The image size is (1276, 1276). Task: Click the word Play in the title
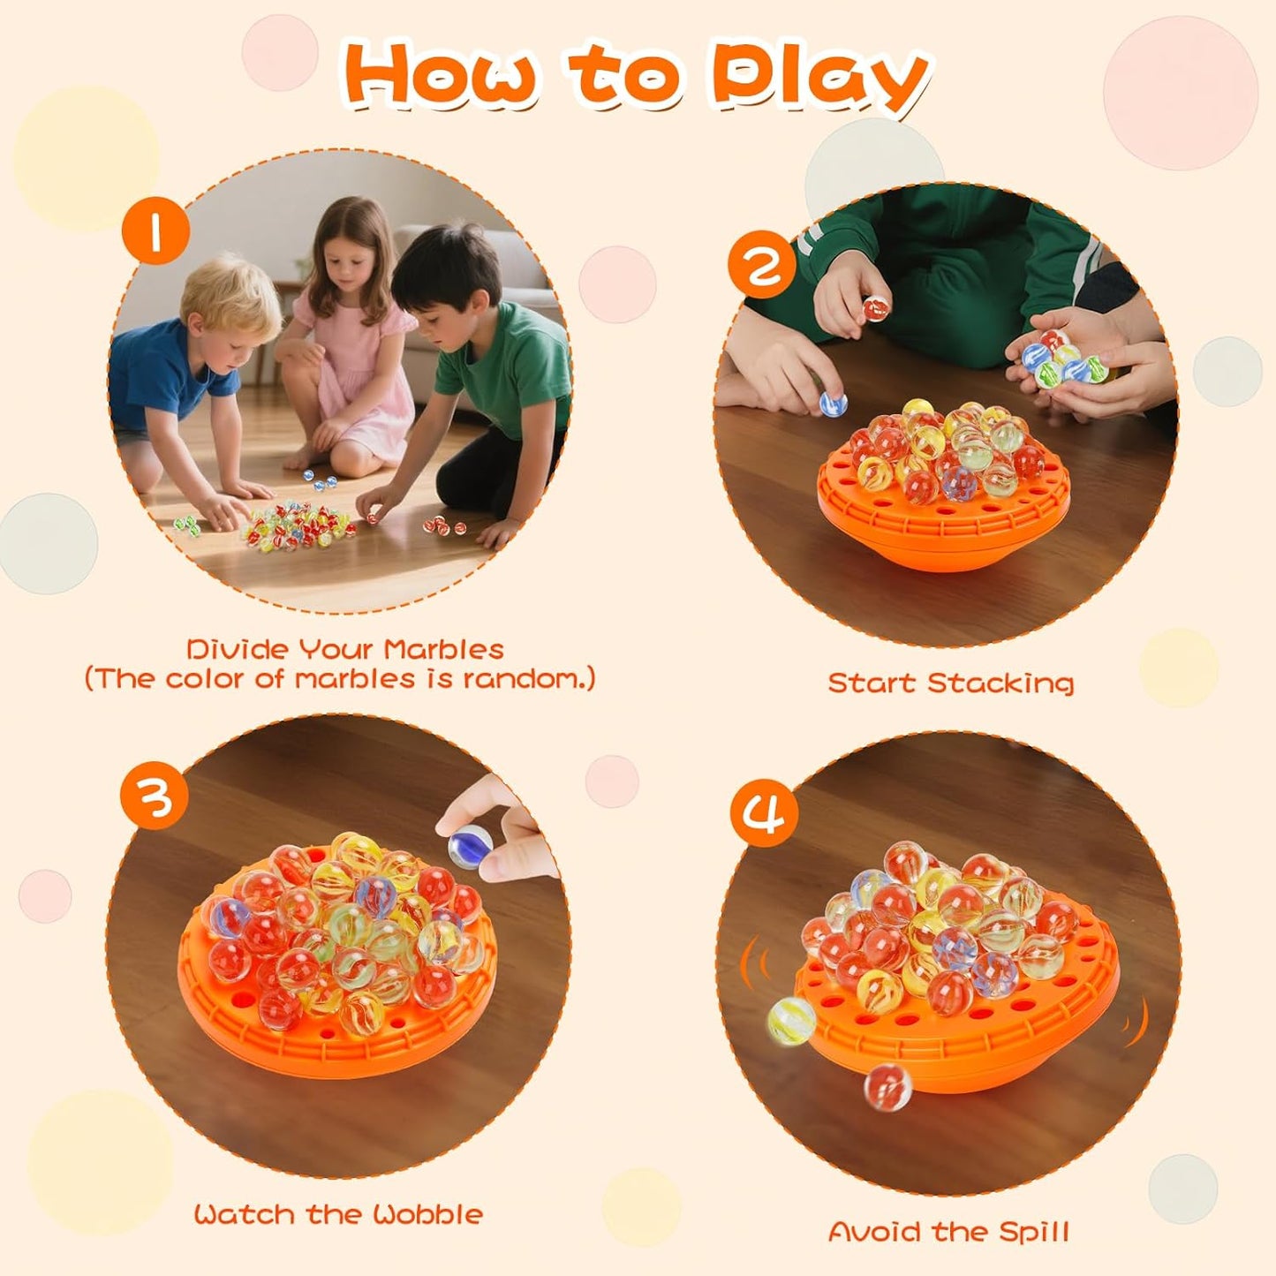(819, 78)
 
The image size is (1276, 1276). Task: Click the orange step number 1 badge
(155, 230)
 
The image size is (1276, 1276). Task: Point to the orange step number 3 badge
(155, 797)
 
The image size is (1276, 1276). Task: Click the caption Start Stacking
(950, 683)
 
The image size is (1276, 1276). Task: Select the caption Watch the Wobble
(338, 1214)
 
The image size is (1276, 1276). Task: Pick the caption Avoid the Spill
(948, 1231)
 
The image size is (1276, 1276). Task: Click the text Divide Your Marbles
(344, 650)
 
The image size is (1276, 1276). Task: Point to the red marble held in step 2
(876, 308)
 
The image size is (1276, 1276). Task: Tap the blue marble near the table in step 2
(833, 404)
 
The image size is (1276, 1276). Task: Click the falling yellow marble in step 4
(790, 1020)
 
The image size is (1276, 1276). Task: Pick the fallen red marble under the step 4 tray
(887, 1085)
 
